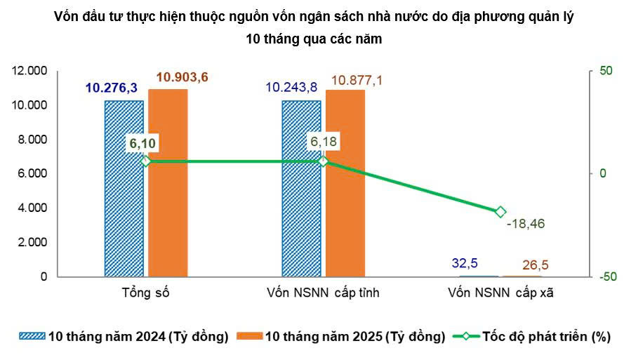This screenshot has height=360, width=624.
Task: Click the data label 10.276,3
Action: (111, 88)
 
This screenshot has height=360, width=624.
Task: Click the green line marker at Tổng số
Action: (146, 161)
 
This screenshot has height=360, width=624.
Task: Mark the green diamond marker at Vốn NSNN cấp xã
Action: (500, 212)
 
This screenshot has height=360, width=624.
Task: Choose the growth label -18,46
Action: (526, 225)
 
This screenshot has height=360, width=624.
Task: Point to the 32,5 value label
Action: (463, 263)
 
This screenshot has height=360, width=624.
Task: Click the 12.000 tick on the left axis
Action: (29, 71)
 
